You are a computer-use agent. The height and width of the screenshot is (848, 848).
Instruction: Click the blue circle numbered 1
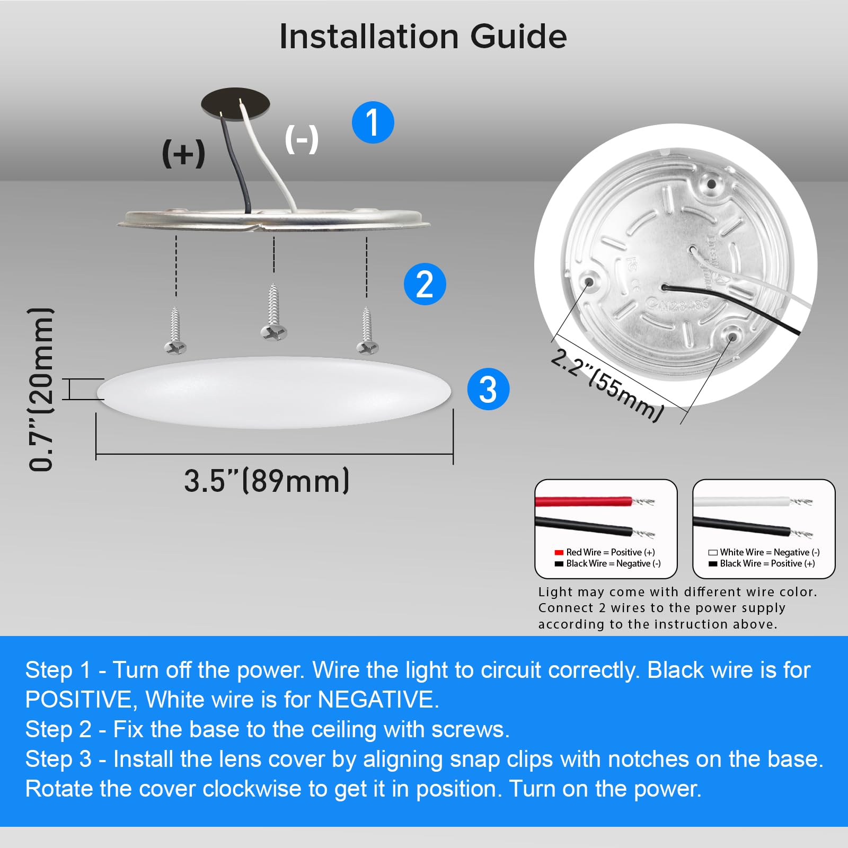tap(373, 122)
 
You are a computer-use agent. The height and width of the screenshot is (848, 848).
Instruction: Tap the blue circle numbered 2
tap(425, 284)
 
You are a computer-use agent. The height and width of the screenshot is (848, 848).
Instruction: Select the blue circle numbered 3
tap(488, 389)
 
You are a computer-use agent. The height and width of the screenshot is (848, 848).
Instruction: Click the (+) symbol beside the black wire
tap(183, 154)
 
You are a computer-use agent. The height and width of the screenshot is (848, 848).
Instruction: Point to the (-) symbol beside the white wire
tap(302, 139)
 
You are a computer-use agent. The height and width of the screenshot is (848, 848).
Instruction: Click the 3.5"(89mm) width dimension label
tap(267, 481)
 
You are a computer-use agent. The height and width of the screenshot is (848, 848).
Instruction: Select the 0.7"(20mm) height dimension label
tap(41, 390)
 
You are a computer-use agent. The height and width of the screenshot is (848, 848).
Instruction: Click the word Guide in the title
tap(518, 37)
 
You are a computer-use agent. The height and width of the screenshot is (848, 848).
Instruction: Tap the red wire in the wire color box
tap(583, 501)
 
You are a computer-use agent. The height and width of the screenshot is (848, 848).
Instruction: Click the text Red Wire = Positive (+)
tap(610, 552)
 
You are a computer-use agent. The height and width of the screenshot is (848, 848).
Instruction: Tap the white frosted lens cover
tap(273, 392)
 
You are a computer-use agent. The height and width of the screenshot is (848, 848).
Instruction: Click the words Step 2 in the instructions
tap(58, 729)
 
